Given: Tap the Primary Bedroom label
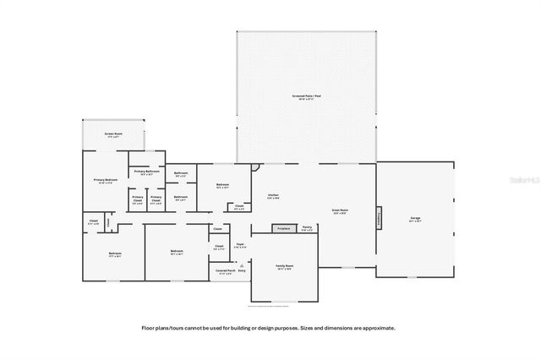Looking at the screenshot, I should pos(103,180).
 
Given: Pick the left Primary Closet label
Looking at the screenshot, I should pos(137,200).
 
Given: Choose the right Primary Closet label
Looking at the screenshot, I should pos(156,200).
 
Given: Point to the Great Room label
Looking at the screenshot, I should pos(340,212).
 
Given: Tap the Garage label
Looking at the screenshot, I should pos(415,219).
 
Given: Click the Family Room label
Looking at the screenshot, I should pos(284,267).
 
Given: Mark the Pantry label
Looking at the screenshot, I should pos(308,228).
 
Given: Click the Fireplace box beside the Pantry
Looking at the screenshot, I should pos(284,228).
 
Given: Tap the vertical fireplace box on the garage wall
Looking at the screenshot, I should pos(378,218).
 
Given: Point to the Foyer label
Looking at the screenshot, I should pos(240,246).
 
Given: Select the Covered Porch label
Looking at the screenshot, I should pos(225,272).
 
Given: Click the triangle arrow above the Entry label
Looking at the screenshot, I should pos(242,264).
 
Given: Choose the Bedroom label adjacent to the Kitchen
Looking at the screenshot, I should pos(221,185).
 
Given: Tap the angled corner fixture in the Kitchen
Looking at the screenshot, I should pos(256,166).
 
